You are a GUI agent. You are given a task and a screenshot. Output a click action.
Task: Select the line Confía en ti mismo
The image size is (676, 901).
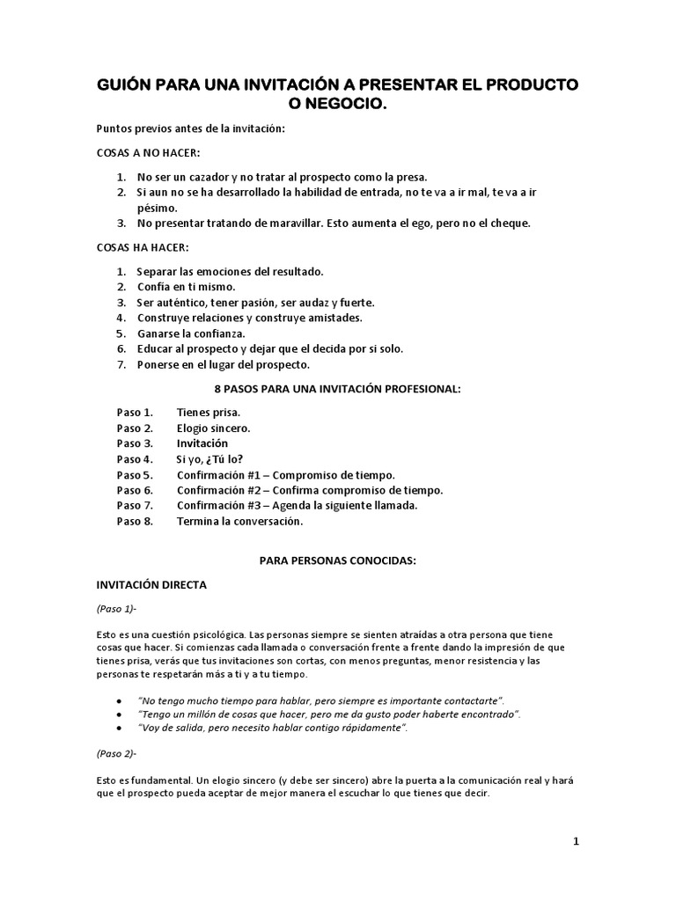click(186, 287)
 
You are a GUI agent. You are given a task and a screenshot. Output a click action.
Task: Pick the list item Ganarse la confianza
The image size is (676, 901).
click(190, 333)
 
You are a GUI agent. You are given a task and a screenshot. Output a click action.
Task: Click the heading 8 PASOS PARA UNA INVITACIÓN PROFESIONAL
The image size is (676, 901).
click(338, 388)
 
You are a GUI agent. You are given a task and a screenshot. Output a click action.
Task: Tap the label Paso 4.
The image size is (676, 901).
click(135, 458)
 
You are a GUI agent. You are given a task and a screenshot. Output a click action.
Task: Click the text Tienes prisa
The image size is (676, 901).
click(208, 412)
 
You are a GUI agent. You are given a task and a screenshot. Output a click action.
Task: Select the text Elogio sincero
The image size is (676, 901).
click(213, 428)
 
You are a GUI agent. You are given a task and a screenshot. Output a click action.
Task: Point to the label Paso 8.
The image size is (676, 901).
click(135, 521)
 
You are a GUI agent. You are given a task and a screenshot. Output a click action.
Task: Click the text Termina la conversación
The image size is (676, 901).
click(239, 521)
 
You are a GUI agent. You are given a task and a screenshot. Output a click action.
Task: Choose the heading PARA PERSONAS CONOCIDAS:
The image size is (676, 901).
click(337, 560)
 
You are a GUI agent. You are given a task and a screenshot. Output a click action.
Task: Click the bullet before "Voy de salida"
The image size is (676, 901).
click(119, 729)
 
